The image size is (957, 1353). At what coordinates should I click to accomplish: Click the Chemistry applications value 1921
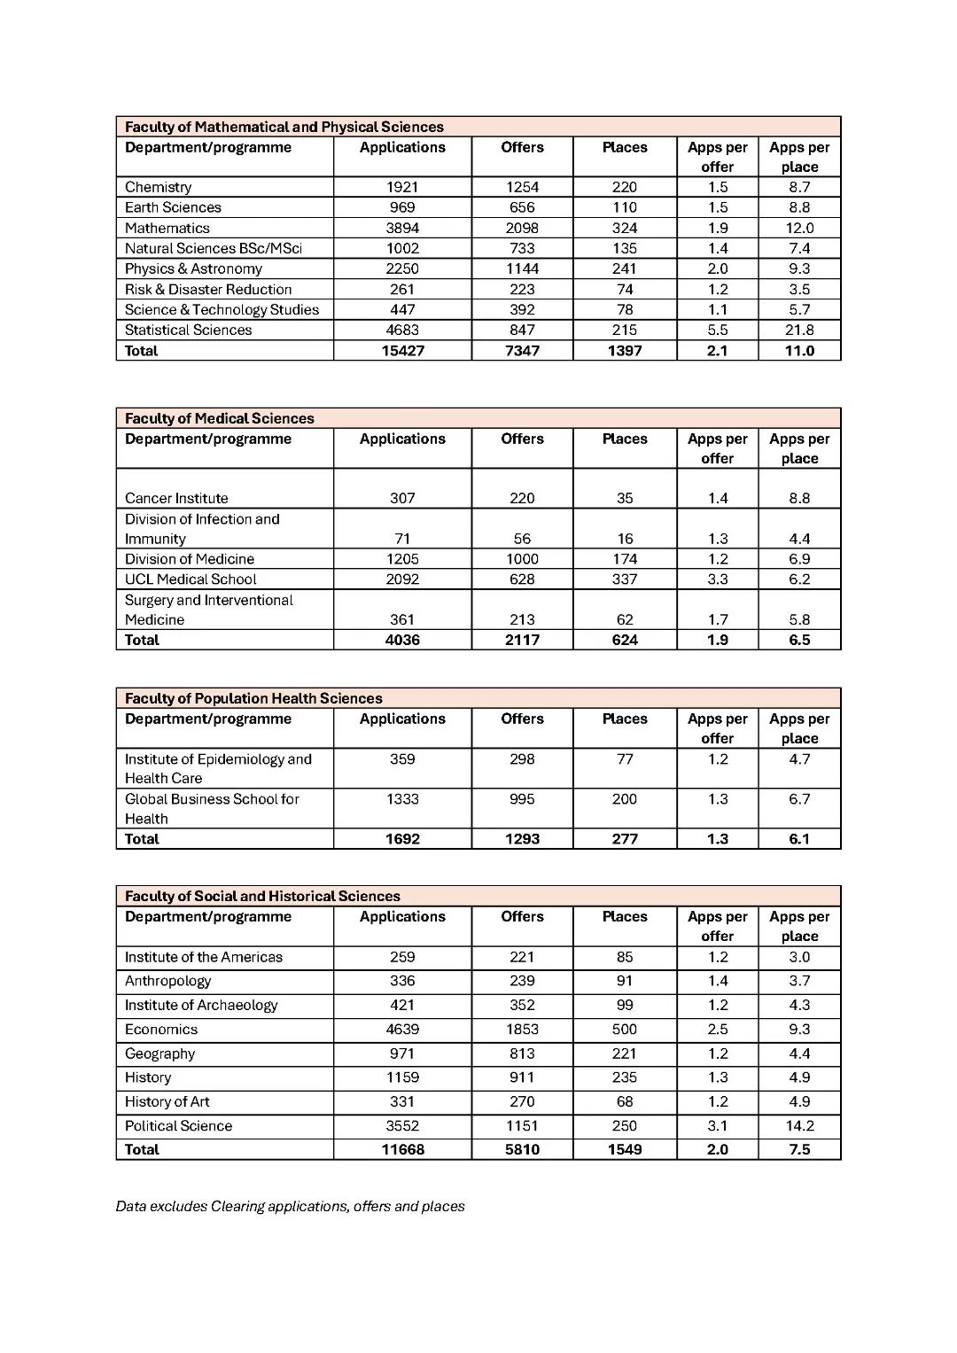(402, 187)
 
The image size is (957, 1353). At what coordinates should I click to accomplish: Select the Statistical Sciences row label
(188, 330)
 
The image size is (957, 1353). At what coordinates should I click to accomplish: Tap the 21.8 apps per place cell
(799, 330)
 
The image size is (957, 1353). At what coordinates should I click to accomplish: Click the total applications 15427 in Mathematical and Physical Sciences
(402, 351)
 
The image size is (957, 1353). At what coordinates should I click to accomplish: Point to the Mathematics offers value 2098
(522, 228)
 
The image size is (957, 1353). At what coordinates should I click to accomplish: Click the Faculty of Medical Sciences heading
(219, 418)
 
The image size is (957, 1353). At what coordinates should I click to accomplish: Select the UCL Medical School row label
(191, 579)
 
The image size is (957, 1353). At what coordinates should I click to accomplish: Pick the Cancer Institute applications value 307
(402, 498)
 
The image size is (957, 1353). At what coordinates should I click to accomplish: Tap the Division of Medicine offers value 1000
(522, 559)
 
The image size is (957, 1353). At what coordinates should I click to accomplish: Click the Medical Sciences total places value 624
(625, 640)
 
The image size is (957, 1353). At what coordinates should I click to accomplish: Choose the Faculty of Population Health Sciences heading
(253, 698)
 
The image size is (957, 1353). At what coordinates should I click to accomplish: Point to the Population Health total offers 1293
(522, 839)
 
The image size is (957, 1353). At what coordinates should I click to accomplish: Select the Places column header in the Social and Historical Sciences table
(625, 917)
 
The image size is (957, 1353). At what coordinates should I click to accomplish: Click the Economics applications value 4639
(402, 1030)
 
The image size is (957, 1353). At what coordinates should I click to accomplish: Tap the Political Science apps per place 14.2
(799, 1126)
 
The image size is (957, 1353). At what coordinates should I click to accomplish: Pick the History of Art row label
(167, 1102)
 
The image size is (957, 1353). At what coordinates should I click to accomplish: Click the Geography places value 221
(625, 1054)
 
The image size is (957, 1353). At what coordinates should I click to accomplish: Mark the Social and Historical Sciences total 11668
(402, 1150)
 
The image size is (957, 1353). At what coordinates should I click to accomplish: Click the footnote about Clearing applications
(290, 1207)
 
